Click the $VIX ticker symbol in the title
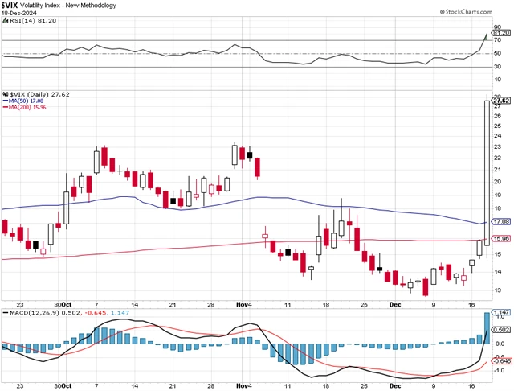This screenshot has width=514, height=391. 11,5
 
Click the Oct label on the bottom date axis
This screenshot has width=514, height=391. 70,305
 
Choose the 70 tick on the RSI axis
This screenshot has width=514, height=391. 497,40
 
